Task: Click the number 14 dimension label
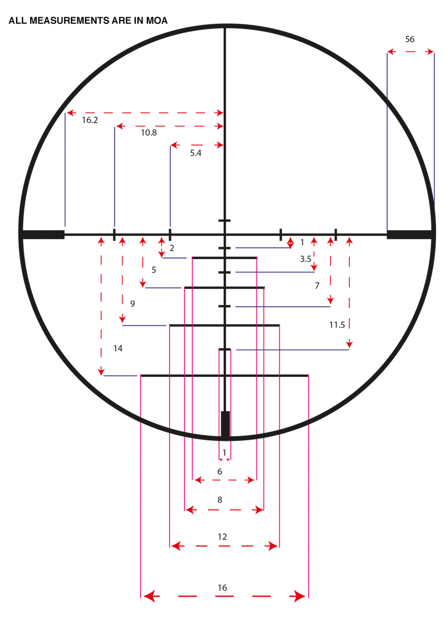[118, 349]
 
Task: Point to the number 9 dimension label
[132, 303]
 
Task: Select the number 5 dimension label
[154, 270]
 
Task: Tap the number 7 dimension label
[317, 286]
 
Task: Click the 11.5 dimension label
[337, 326]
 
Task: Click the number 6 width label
[220, 471]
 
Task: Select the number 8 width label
[220, 500]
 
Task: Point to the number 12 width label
[222, 536]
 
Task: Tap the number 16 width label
[222, 587]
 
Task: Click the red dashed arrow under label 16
[224, 596]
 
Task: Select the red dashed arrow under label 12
[224, 546]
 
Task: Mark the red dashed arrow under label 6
[223, 479]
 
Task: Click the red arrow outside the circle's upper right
[411, 52]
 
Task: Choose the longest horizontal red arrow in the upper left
[145, 113]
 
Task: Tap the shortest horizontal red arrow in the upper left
[196, 145]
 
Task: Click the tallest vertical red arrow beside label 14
[101, 307]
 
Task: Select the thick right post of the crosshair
[409, 235]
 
